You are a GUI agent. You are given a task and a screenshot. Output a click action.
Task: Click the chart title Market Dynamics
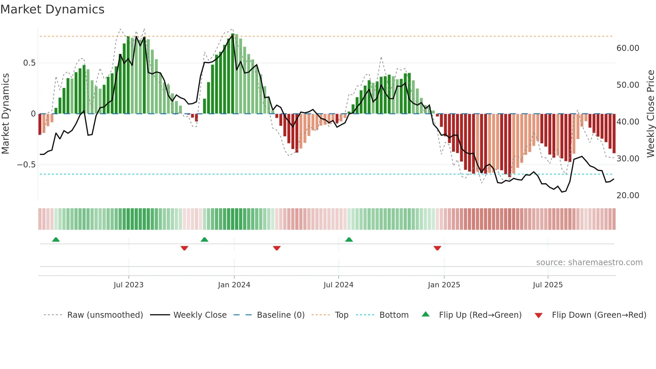click(x=52, y=9)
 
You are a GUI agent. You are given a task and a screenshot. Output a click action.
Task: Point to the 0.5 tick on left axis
click(x=29, y=63)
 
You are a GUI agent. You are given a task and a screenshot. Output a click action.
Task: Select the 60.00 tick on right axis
click(x=628, y=48)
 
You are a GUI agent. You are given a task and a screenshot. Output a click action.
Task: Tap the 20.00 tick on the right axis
click(x=628, y=196)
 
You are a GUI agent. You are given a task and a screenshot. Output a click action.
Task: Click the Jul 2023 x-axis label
click(x=129, y=285)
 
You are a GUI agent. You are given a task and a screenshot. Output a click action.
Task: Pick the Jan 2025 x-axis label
click(x=444, y=285)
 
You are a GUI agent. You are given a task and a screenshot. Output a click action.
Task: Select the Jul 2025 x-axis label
click(x=548, y=285)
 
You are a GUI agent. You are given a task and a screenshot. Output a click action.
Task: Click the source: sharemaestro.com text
click(x=589, y=263)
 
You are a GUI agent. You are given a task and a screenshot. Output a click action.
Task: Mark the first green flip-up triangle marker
click(x=56, y=240)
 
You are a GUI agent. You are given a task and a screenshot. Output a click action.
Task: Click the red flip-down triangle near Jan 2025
click(x=437, y=248)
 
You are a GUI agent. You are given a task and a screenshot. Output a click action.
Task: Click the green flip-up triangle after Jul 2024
click(x=349, y=240)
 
